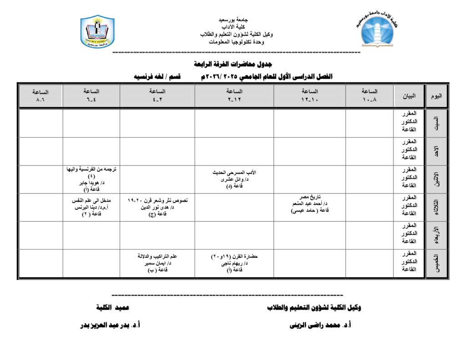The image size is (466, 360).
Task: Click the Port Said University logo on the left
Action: coord(97,32)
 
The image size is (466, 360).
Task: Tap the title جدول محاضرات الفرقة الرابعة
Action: coord(233,64)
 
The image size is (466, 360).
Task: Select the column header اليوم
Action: coord(436,96)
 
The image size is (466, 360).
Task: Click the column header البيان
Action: coord(409,96)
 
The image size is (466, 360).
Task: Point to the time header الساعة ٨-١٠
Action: coord(370,95)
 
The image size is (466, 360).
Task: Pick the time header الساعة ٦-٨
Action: coord(41,96)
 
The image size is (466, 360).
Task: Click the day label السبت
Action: coord(436,123)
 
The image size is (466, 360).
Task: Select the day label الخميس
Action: coord(436,264)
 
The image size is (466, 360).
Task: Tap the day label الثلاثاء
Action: coord(436,207)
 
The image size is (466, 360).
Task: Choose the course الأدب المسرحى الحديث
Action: coord(234,173)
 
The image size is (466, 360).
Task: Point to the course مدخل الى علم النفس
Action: coord(91,200)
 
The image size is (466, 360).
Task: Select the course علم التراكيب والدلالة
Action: coord(157,257)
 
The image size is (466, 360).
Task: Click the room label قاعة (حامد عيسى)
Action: coord(310,211)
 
